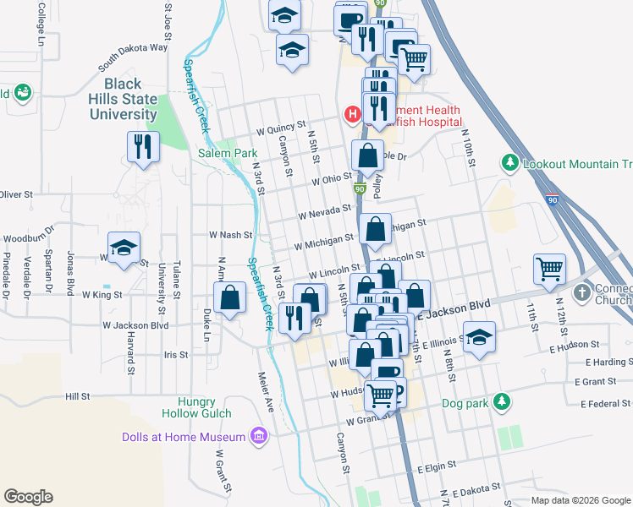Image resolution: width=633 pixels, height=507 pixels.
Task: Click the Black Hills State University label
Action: click(x=130, y=99)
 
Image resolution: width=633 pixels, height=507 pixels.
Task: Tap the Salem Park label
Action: click(x=227, y=154)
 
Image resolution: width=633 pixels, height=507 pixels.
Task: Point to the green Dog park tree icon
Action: click(x=503, y=401)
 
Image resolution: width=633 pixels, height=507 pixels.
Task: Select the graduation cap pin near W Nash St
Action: click(x=124, y=248)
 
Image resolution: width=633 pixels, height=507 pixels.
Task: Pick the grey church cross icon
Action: click(x=581, y=292)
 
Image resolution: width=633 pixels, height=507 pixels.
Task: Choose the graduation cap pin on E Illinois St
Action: click(x=479, y=338)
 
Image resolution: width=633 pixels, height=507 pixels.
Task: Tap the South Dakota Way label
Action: click(x=132, y=58)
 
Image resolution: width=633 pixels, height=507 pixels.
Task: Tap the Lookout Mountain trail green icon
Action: click(x=509, y=161)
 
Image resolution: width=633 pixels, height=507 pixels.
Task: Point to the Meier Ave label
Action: click(x=267, y=392)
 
